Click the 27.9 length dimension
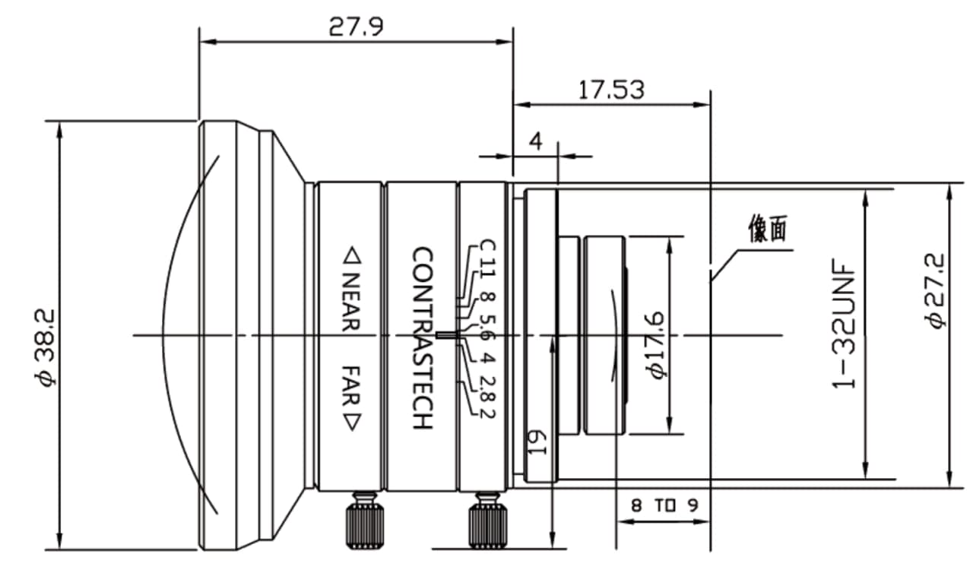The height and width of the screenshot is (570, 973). pos(356,27)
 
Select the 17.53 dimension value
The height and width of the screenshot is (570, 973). pos(611,90)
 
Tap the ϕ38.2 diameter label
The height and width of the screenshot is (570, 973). pos(46,347)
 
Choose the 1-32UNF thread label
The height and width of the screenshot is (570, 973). pos(843,324)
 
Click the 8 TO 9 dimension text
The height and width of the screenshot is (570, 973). pos(664,505)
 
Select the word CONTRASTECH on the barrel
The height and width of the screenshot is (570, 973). pos(422,338)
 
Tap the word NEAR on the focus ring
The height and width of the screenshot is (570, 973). pos(351,302)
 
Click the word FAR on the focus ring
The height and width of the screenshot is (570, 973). pos(351,386)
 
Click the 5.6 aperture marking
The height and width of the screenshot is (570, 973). pos(486,328)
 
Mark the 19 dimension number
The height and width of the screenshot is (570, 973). pos(537,443)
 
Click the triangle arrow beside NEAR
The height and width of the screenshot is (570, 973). pos(352,255)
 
